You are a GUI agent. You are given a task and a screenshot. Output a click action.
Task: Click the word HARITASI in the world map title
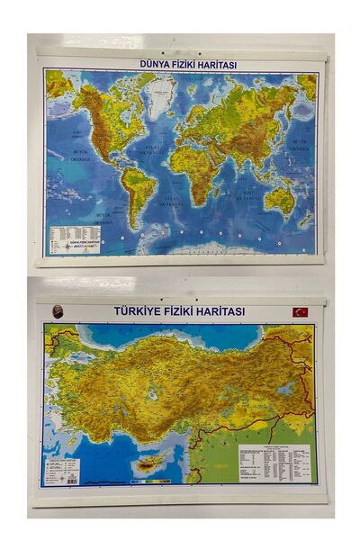click(x=214, y=64)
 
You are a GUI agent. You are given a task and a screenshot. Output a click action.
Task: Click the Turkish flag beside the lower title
click(x=299, y=311)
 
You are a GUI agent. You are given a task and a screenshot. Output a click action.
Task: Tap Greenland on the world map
click(x=161, y=94)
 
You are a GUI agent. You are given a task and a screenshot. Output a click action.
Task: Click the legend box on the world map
click(x=74, y=238)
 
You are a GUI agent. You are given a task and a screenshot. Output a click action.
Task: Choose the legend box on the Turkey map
click(x=62, y=471)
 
